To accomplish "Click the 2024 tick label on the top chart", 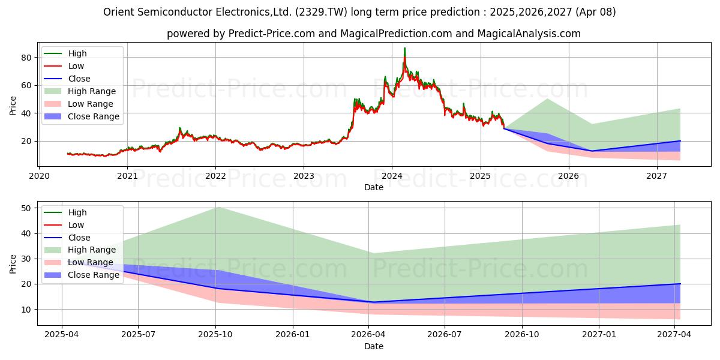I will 392,176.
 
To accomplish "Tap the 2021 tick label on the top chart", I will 127,176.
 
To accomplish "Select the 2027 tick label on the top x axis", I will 657,176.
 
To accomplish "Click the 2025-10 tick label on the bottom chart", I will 215,335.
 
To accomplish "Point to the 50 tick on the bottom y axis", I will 26,208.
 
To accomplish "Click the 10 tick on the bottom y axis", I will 26,310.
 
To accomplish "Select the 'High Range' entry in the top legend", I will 92,91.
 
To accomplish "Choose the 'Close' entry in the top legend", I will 79,79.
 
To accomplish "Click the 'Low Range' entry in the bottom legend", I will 91,262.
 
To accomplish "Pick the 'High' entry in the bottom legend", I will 77,212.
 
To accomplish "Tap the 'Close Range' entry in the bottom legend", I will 94,275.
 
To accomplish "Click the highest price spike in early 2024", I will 404,48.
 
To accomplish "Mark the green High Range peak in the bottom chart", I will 217,207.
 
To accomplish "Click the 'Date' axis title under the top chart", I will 374,187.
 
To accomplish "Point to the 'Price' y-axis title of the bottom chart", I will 13,263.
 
